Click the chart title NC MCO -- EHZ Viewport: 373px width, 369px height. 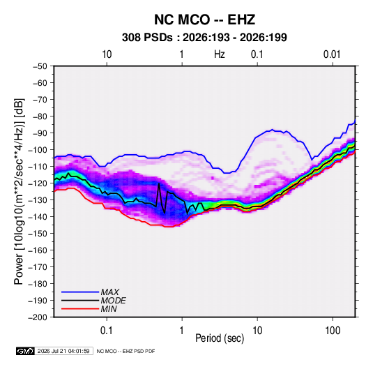click(204, 20)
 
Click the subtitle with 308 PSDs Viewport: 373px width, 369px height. click(204, 38)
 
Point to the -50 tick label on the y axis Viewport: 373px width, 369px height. click(40, 66)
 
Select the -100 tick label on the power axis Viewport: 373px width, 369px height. click(38, 150)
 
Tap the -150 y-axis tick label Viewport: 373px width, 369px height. click(38, 234)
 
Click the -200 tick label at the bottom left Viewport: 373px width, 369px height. click(38, 317)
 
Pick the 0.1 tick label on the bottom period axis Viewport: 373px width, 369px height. click(107, 331)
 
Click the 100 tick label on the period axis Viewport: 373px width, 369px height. click(333, 331)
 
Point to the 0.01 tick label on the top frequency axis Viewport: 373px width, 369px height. click(332, 54)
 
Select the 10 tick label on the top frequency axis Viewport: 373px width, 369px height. click(107, 54)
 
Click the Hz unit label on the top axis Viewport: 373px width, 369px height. click(220, 54)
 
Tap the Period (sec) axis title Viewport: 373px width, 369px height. click(220, 338)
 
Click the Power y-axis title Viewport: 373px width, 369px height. click(19, 191)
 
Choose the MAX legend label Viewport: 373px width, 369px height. click(110, 292)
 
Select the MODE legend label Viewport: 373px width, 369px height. click(113, 301)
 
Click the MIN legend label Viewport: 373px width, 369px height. click(109, 309)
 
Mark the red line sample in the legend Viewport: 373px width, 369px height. click(80, 309)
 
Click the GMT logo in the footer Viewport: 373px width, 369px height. click(25, 351)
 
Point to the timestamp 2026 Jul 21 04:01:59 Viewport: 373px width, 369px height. click(63, 351)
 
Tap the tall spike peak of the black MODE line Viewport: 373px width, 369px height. click(159, 183)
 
